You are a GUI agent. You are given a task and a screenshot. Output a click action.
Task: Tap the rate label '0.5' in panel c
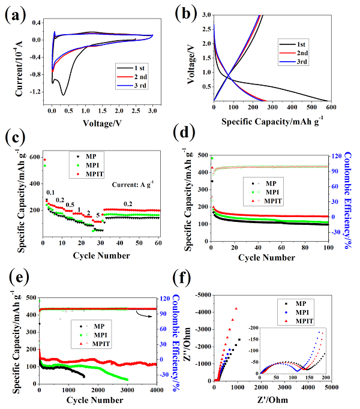click(70, 204)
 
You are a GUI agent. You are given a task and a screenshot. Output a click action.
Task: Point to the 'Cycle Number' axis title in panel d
click(269, 258)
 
